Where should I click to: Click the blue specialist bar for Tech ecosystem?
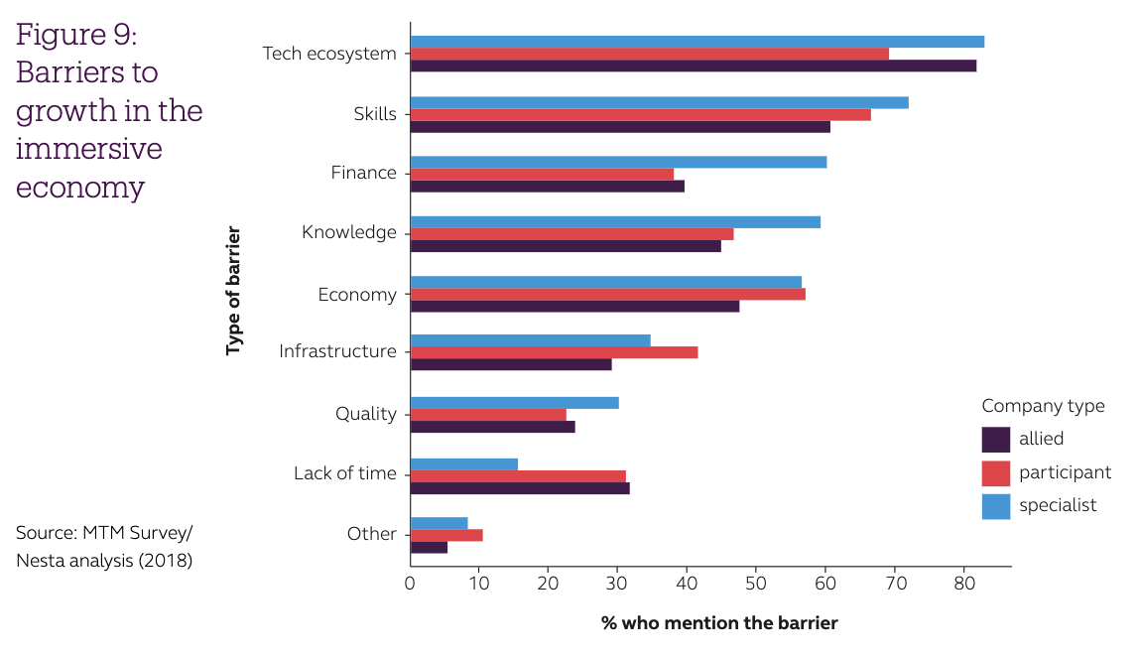pyautogui.click(x=696, y=42)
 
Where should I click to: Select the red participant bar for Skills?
pyautogui.click(x=640, y=114)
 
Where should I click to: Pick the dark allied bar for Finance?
pyautogui.click(x=547, y=186)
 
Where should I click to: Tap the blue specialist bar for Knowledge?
pyautogui.click(x=615, y=221)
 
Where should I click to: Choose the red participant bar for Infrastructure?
pyautogui.click(x=554, y=352)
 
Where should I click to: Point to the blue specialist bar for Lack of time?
pyautogui.click(x=463, y=463)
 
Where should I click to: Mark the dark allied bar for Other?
pyautogui.click(x=429, y=547)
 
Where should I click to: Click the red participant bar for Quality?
pyautogui.click(x=488, y=415)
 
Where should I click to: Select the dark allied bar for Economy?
pyautogui.click(x=574, y=306)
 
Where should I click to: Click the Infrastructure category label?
pyautogui.click(x=337, y=351)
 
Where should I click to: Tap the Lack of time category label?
pyautogui.click(x=344, y=473)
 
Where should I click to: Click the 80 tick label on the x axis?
pyautogui.click(x=963, y=583)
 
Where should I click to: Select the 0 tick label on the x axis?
pyautogui.click(x=410, y=583)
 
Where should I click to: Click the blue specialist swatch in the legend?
pyautogui.click(x=995, y=506)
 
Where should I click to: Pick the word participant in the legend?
pyautogui.click(x=1065, y=472)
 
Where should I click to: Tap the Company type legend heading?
pyautogui.click(x=1043, y=406)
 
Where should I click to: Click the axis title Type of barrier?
pyautogui.click(x=234, y=291)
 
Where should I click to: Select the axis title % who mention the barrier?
pyautogui.click(x=719, y=623)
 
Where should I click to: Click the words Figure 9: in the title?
pyautogui.click(x=76, y=35)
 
